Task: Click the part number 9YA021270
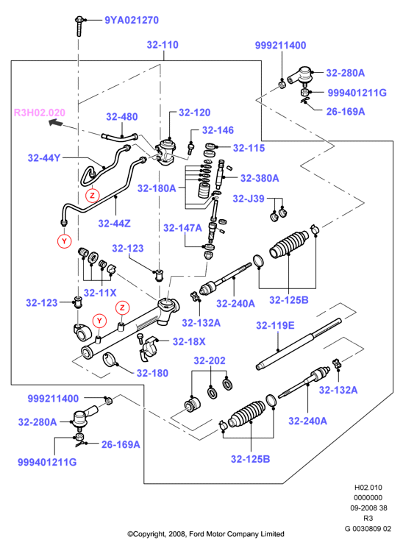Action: (132, 20)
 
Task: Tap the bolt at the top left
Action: (79, 26)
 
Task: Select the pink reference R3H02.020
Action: (40, 113)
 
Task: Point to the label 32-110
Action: (163, 45)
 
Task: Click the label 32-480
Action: (121, 117)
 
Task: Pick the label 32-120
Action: (194, 113)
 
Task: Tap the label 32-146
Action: (218, 130)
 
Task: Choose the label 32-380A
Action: (260, 178)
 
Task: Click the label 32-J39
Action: (249, 199)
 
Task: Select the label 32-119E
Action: (275, 325)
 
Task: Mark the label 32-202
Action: (210, 360)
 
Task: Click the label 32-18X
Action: (189, 341)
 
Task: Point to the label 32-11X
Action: (100, 293)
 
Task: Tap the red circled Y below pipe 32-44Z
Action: (64, 241)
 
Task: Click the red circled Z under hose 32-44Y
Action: (92, 195)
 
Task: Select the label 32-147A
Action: (182, 228)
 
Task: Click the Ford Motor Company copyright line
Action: (206, 534)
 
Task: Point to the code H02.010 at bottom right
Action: (368, 487)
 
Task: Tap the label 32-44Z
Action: (114, 223)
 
